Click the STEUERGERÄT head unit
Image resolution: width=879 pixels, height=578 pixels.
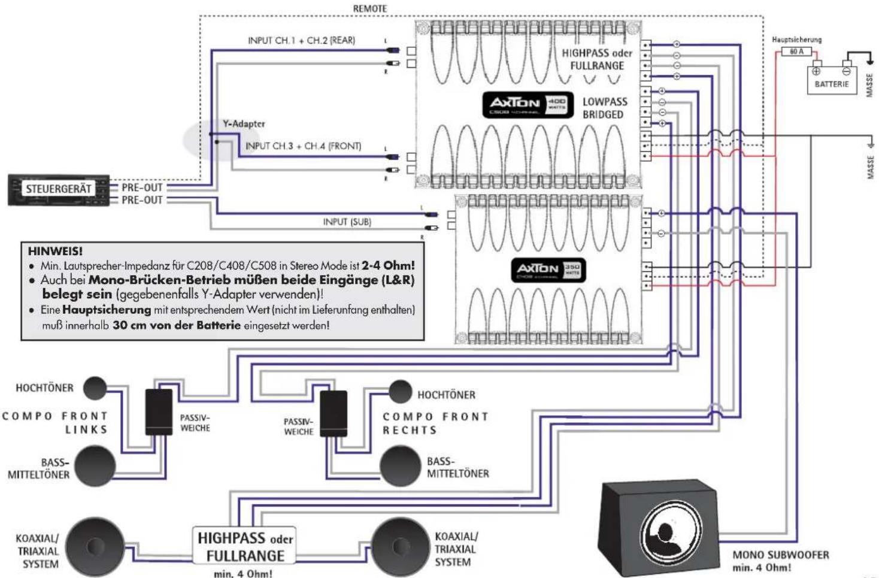pyautogui.click(x=59, y=190)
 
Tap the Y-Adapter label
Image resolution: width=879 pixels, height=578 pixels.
pyautogui.click(x=244, y=124)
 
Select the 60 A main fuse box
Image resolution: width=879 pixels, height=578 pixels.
pyautogui.click(x=796, y=52)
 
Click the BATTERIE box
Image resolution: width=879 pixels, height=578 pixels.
pyautogui.click(x=831, y=80)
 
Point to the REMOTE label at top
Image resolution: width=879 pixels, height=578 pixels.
pyautogui.click(x=369, y=8)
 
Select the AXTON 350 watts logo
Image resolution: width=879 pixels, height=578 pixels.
pyautogui.click(x=548, y=270)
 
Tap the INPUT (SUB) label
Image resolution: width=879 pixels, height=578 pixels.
pyautogui.click(x=347, y=222)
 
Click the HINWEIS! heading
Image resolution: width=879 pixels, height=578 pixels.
pyautogui.click(x=55, y=251)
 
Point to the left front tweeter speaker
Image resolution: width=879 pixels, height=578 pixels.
pyautogui.click(x=95, y=388)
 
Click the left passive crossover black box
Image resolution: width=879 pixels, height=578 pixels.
pyautogui.click(x=159, y=412)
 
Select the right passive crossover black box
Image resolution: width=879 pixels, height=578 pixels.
pyautogui.click(x=334, y=414)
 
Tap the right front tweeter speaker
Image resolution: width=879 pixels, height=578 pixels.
pyautogui.click(x=400, y=392)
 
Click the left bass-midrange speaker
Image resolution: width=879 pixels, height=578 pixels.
pyautogui.click(x=95, y=465)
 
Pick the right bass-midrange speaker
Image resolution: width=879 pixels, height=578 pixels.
pyautogui.click(x=400, y=465)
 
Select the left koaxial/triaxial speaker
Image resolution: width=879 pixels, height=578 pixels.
pyautogui.click(x=94, y=546)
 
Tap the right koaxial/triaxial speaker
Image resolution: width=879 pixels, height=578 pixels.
pyautogui.click(x=400, y=546)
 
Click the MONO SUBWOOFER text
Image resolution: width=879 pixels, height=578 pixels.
pyautogui.click(x=780, y=555)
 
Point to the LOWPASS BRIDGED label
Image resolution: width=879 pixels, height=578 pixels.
pyautogui.click(x=604, y=108)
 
